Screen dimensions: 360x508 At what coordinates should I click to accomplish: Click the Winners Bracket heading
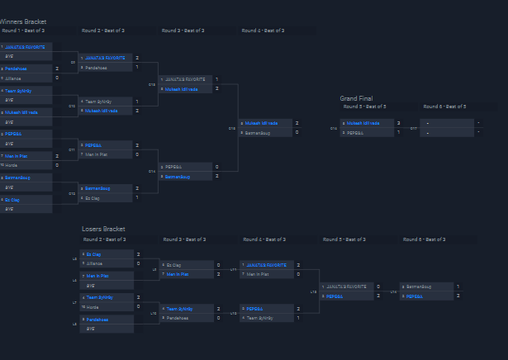pos(23,21)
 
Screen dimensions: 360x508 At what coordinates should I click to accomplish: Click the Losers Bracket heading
pos(103,229)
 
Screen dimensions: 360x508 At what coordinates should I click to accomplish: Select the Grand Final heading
pos(356,98)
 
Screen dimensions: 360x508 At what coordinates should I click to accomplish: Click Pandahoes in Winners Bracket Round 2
pos(98,68)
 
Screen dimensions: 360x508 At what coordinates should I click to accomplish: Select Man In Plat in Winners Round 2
pos(97,154)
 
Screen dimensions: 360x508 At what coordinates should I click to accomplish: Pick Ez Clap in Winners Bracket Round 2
pos(93,198)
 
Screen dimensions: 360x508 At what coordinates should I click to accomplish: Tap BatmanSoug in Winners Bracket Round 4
pos(259,132)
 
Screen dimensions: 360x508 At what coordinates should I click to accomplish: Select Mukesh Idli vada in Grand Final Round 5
pos(363,123)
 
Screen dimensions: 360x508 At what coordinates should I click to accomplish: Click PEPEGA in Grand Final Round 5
pos(355,132)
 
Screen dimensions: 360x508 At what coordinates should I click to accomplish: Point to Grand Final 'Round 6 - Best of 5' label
pos(444,107)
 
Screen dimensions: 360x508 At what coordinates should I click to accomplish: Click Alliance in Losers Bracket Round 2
pos(96,263)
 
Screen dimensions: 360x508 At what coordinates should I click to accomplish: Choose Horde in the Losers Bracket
pos(93,306)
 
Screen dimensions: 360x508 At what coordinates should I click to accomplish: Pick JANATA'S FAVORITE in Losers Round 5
pos(345,287)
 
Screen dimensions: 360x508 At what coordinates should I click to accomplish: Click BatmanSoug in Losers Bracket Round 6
pos(421,287)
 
